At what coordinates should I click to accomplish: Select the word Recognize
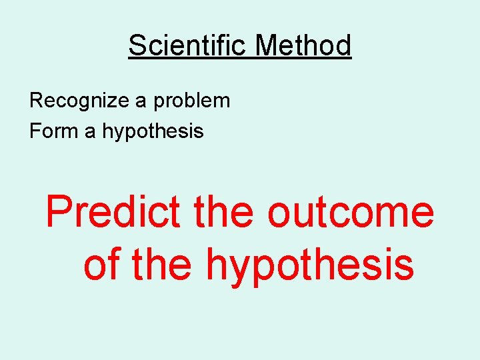coord(80,101)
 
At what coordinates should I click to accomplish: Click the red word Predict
coord(112,212)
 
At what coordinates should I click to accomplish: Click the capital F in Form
coord(35,131)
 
